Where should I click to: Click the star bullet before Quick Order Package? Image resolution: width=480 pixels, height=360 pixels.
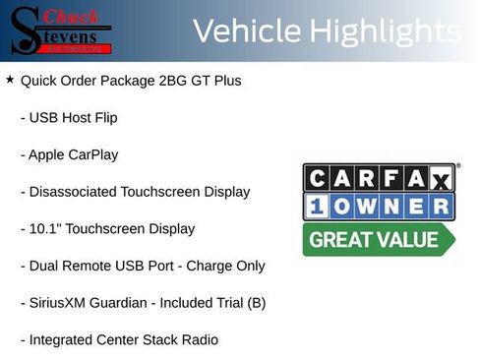10,79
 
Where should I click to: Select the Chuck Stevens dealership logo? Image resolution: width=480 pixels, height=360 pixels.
61,31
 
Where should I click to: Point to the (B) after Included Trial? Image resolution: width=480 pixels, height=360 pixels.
255,304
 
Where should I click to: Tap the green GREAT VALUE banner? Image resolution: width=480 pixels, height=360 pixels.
379,240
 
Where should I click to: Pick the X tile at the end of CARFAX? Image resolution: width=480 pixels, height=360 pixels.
442,178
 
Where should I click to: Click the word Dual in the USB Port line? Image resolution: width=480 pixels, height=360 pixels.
45,267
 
